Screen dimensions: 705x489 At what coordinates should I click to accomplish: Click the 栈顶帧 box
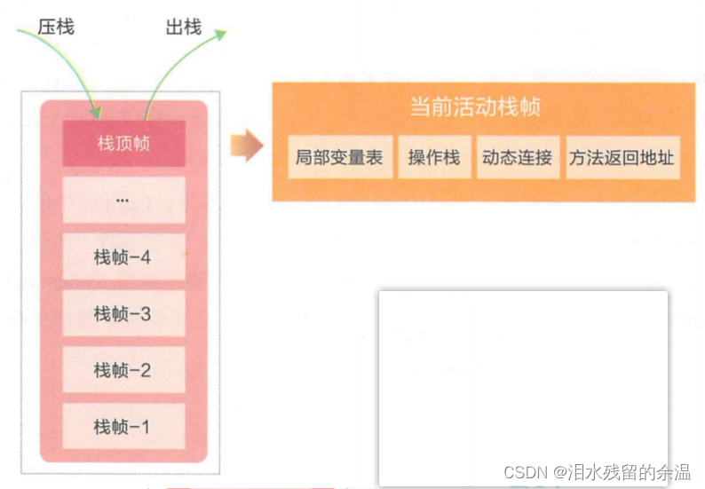pyautogui.click(x=123, y=143)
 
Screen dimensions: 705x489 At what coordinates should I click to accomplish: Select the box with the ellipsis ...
pyautogui.click(x=123, y=200)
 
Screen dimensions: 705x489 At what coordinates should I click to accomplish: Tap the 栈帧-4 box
pyautogui.click(x=123, y=257)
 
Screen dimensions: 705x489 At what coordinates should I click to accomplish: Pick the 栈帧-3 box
pyautogui.click(x=123, y=313)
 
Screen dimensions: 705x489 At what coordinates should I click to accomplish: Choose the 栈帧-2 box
pyautogui.click(x=123, y=370)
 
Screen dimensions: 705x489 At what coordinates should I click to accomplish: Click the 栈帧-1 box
pyautogui.click(x=123, y=427)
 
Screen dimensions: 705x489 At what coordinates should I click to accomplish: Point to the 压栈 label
pyautogui.click(x=56, y=27)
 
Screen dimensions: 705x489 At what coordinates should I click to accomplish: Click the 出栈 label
pyautogui.click(x=183, y=27)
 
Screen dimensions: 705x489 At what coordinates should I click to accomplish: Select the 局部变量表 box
pyautogui.click(x=339, y=157)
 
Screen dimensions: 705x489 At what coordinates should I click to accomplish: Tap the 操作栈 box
pyautogui.click(x=433, y=157)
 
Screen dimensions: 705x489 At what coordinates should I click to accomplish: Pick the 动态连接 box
pyautogui.click(x=517, y=157)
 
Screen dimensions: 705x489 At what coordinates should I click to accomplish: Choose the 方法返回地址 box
pyautogui.click(x=622, y=157)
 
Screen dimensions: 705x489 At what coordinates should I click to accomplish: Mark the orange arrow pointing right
pyautogui.click(x=246, y=146)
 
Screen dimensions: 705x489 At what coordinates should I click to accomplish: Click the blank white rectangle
pyautogui.click(x=523, y=382)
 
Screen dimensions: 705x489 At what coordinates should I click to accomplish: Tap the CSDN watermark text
pyautogui.click(x=527, y=472)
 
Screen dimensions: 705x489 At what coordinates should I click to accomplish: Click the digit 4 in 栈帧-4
pyautogui.click(x=145, y=257)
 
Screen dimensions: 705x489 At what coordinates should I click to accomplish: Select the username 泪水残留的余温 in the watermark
pyautogui.click(x=635, y=472)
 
